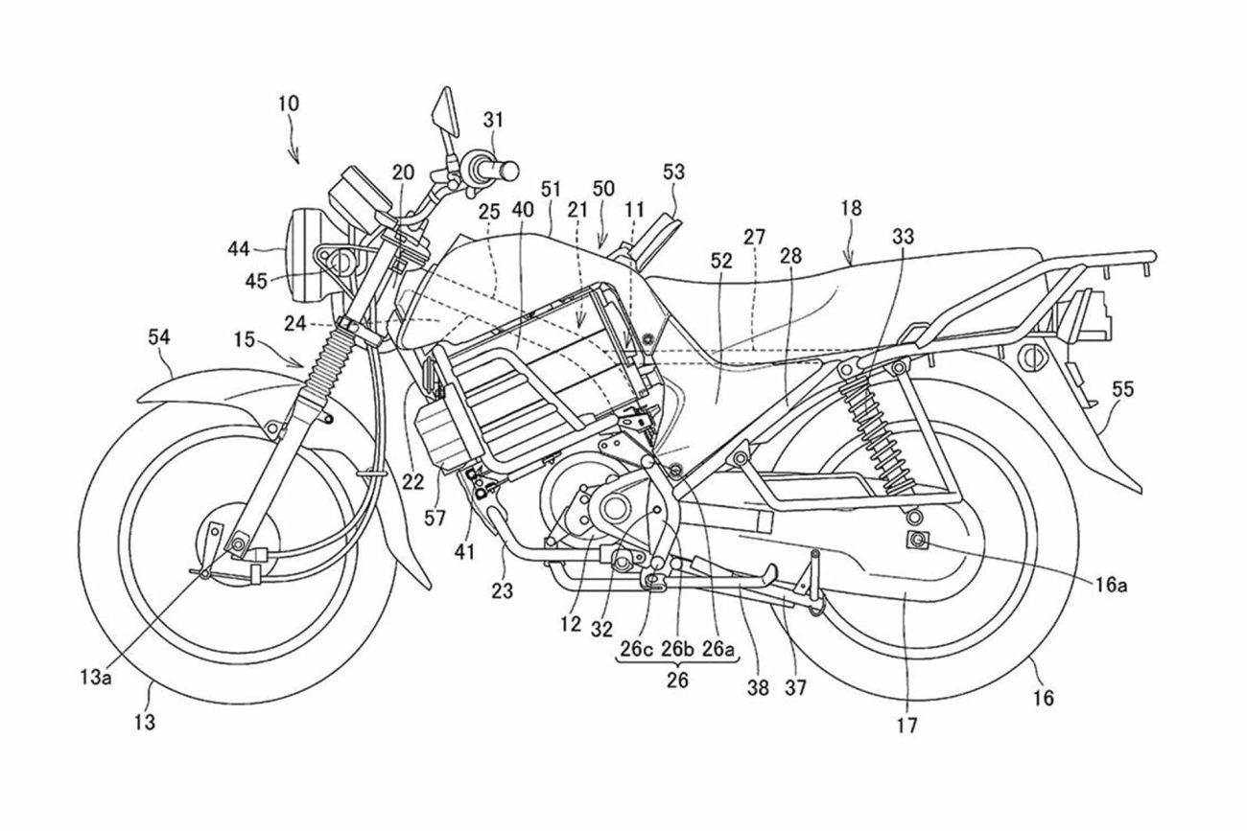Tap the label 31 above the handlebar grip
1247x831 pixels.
(x=493, y=120)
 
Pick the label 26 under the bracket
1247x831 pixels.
(x=677, y=681)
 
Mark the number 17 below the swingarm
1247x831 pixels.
(x=906, y=726)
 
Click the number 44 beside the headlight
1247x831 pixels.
(x=239, y=249)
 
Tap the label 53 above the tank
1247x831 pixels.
(x=674, y=172)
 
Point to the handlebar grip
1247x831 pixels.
(x=497, y=170)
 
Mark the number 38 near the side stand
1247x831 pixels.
(x=759, y=687)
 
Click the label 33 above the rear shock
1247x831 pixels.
(x=902, y=235)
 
